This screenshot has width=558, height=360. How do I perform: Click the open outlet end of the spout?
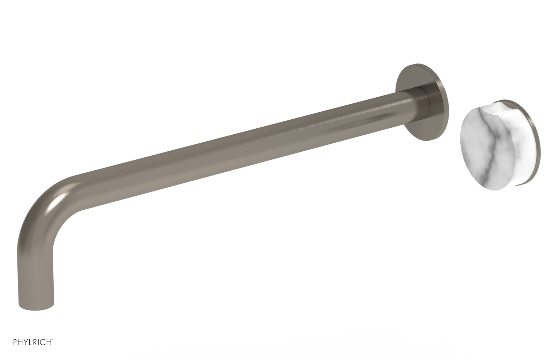(x=36, y=307)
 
